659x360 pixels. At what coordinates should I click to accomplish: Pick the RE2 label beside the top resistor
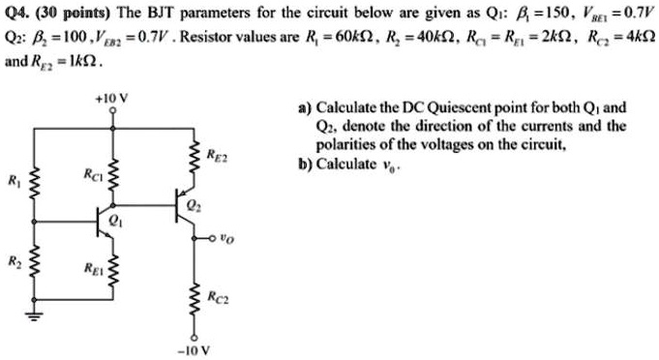click(217, 153)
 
